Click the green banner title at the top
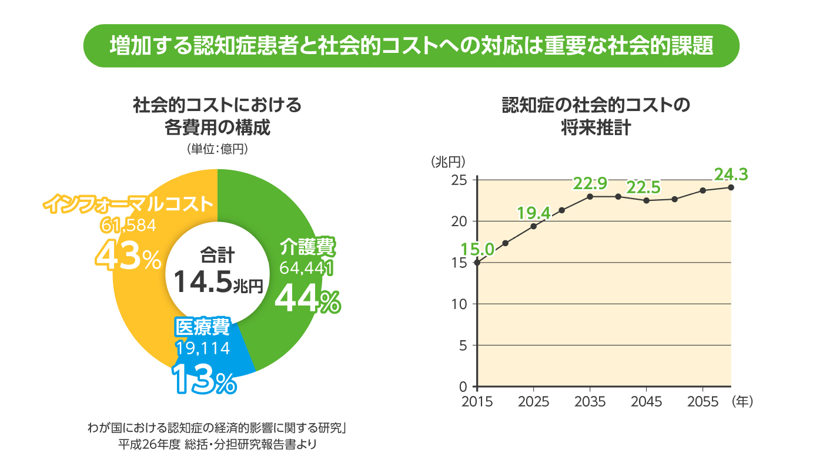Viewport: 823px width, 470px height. pos(411,45)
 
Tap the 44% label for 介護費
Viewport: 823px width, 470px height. pos(307,299)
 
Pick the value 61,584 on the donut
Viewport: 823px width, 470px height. pos(125,225)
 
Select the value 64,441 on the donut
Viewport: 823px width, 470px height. pos(306,268)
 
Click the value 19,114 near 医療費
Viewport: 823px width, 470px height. pos(202,348)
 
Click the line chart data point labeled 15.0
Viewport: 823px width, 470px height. pos(477,263)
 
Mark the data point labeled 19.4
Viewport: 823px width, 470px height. pos(533,226)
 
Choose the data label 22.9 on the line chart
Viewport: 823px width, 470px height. pos(590,184)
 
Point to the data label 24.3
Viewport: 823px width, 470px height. pos(730,174)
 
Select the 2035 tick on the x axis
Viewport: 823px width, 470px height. pos(590,402)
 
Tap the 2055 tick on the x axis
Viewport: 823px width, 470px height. pos(702,402)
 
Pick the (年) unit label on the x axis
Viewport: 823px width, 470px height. pos(742,402)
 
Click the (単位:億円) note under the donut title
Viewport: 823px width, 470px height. pos(217,149)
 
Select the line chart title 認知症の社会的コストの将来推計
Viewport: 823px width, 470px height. pos(594,117)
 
